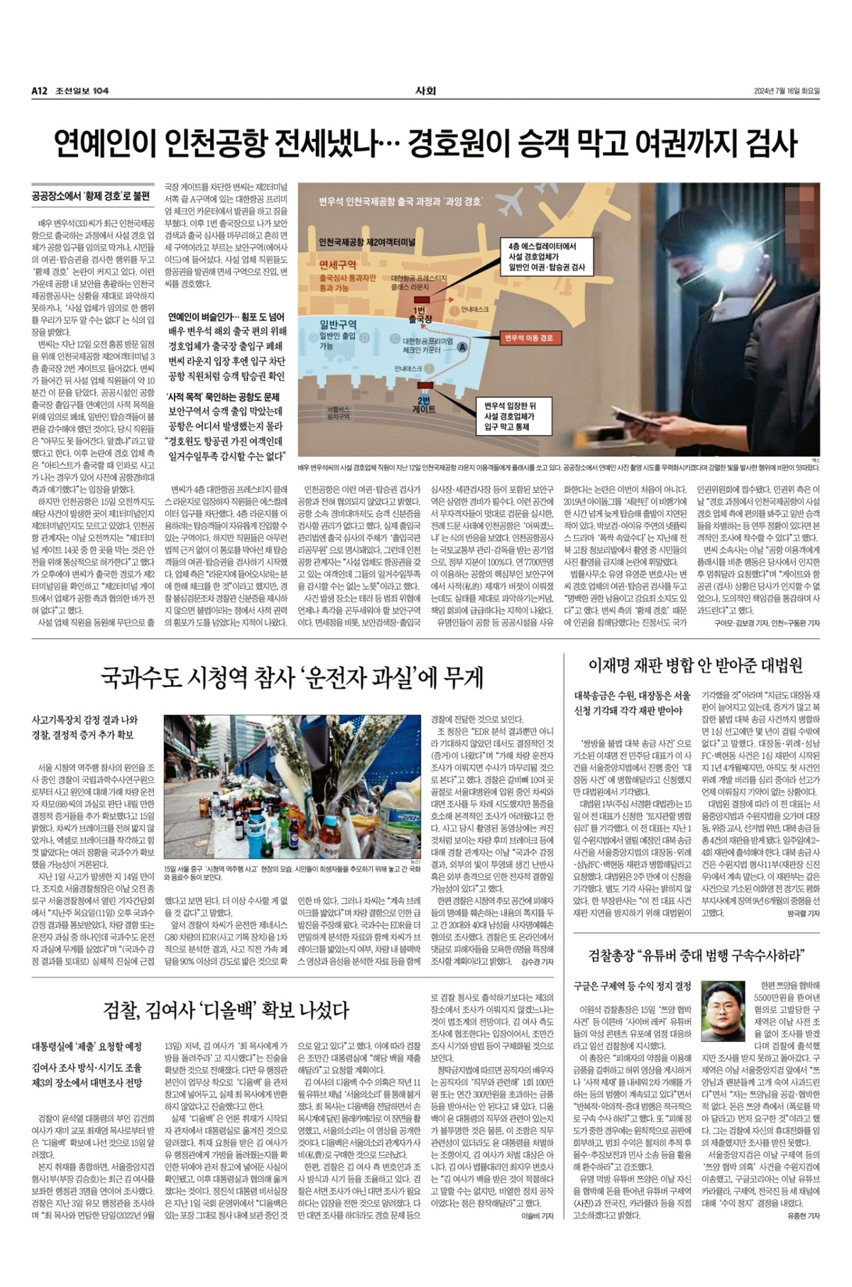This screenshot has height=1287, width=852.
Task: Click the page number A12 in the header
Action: (x=39, y=91)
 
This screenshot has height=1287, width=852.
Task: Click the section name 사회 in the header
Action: (x=425, y=91)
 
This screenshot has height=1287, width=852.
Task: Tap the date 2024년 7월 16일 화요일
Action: (x=787, y=91)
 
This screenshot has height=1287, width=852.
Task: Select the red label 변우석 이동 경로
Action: (x=528, y=338)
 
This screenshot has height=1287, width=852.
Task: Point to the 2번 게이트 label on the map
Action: (x=424, y=405)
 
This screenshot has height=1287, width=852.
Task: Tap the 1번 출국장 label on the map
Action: (x=420, y=315)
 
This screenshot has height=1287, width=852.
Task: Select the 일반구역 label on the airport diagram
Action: (x=338, y=324)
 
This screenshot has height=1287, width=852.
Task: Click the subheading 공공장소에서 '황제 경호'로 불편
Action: (x=92, y=195)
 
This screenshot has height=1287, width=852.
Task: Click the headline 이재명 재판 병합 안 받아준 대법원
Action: (x=696, y=665)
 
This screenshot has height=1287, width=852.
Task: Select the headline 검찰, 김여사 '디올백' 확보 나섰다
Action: (x=226, y=1009)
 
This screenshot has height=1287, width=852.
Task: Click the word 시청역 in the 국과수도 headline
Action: (x=217, y=677)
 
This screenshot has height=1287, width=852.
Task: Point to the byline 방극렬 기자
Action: (x=803, y=914)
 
